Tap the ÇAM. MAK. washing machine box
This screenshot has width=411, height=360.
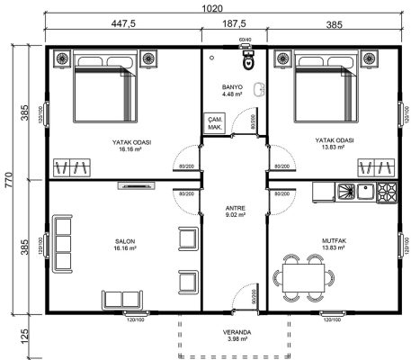[216, 123]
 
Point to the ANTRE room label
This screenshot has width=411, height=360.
[233, 210]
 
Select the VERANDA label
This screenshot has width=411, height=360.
[233, 333]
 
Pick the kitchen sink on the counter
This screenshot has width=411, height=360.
[364, 191]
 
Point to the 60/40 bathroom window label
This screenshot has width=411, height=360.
[246, 40]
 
